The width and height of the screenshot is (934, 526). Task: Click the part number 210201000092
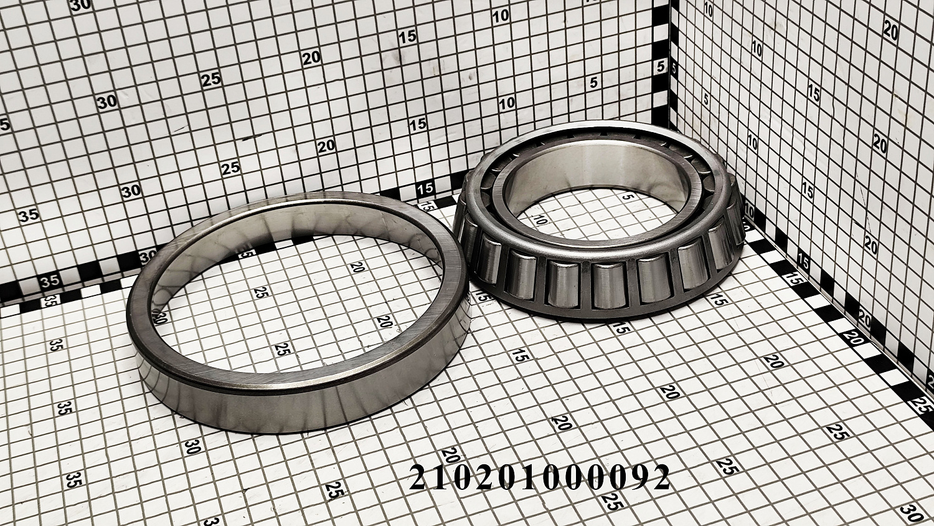click(x=539, y=476)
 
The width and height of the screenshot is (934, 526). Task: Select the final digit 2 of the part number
click(x=659, y=476)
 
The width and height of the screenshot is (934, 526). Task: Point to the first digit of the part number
click(x=419, y=476)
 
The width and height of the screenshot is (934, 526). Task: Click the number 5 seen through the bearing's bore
click(x=626, y=197)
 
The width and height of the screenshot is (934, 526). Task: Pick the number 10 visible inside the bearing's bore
click(x=541, y=219)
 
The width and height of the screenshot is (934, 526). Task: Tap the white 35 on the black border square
click(x=49, y=281)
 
